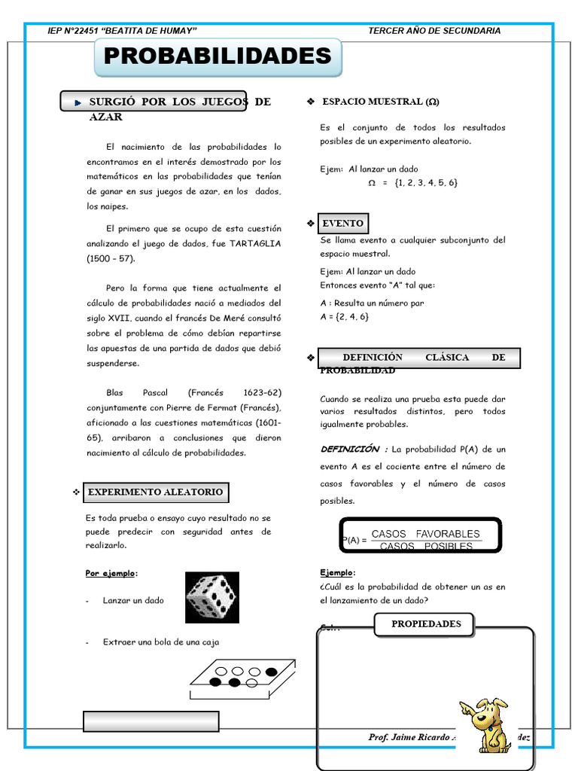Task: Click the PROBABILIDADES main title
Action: [x=218, y=56]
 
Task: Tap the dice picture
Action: [x=212, y=597]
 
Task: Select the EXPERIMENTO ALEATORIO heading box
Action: [x=155, y=492]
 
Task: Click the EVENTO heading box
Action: [x=343, y=224]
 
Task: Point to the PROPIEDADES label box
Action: [x=426, y=624]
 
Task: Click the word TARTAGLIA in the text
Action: [x=255, y=243]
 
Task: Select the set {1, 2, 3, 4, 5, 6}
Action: [x=425, y=183]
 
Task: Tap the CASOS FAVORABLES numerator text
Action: [x=425, y=534]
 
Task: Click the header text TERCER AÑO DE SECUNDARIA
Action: [x=434, y=31]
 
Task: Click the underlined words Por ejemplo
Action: [x=111, y=574]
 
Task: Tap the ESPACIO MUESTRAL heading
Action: [x=380, y=102]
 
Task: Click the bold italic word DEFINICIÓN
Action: [x=350, y=449]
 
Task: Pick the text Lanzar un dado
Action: [x=133, y=600]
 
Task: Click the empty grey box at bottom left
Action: [x=151, y=721]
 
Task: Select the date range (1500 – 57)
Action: [x=111, y=258]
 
